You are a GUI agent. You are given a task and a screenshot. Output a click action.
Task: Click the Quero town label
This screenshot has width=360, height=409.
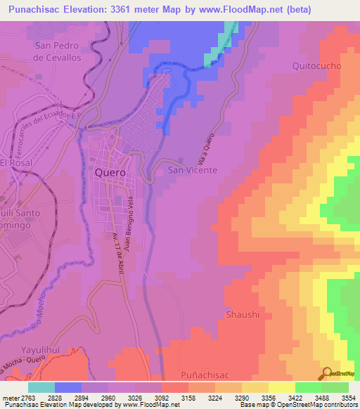[110, 172]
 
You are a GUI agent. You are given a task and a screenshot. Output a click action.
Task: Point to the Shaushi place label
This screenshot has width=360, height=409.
[243, 314]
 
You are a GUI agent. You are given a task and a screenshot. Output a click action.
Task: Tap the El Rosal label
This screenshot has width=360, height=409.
[13, 162]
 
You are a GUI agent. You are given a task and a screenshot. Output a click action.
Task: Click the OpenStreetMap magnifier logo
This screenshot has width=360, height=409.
[328, 373]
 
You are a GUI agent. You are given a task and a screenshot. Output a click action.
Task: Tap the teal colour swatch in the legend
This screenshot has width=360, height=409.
[41, 387]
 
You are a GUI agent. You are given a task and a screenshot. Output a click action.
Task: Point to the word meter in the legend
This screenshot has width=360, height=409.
[9, 398]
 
